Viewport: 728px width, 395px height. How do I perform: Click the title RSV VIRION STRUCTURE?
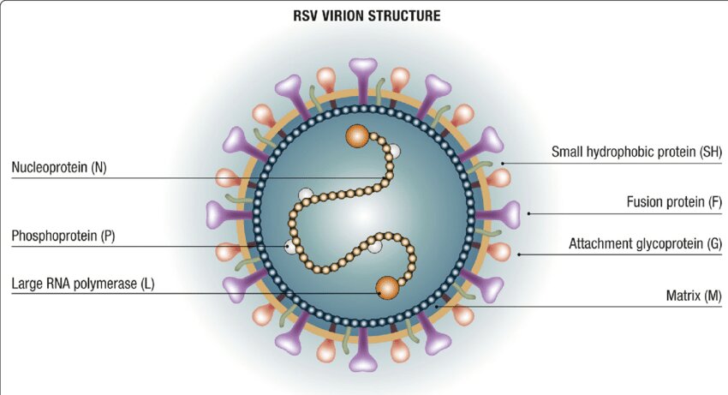click(x=367, y=15)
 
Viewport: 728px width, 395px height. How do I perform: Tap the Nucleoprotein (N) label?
click(x=59, y=167)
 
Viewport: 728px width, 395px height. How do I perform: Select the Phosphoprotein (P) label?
click(x=63, y=236)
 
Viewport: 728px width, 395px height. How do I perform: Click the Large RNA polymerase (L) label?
click(x=83, y=284)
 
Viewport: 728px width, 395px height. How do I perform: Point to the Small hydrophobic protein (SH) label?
click(x=636, y=152)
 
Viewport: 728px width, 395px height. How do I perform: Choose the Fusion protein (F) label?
click(x=674, y=202)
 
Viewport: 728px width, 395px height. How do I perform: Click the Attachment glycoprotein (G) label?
click(x=646, y=243)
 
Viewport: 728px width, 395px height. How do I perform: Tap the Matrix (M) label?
click(x=694, y=296)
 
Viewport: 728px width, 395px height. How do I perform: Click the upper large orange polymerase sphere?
click(x=357, y=136)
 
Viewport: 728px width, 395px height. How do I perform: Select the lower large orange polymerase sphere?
click(x=387, y=288)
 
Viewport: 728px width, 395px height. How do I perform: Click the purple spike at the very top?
click(x=363, y=80)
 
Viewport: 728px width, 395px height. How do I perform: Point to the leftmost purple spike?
click(x=229, y=215)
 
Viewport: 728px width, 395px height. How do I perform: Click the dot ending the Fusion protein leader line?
click(x=528, y=213)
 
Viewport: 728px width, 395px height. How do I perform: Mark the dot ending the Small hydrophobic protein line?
click(x=503, y=164)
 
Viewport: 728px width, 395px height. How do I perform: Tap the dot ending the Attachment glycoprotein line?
click(x=519, y=254)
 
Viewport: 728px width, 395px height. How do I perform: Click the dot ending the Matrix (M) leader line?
click(x=436, y=306)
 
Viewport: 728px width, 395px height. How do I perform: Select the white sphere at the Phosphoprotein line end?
click(x=290, y=246)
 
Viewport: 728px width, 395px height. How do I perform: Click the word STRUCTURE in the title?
click(x=403, y=15)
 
